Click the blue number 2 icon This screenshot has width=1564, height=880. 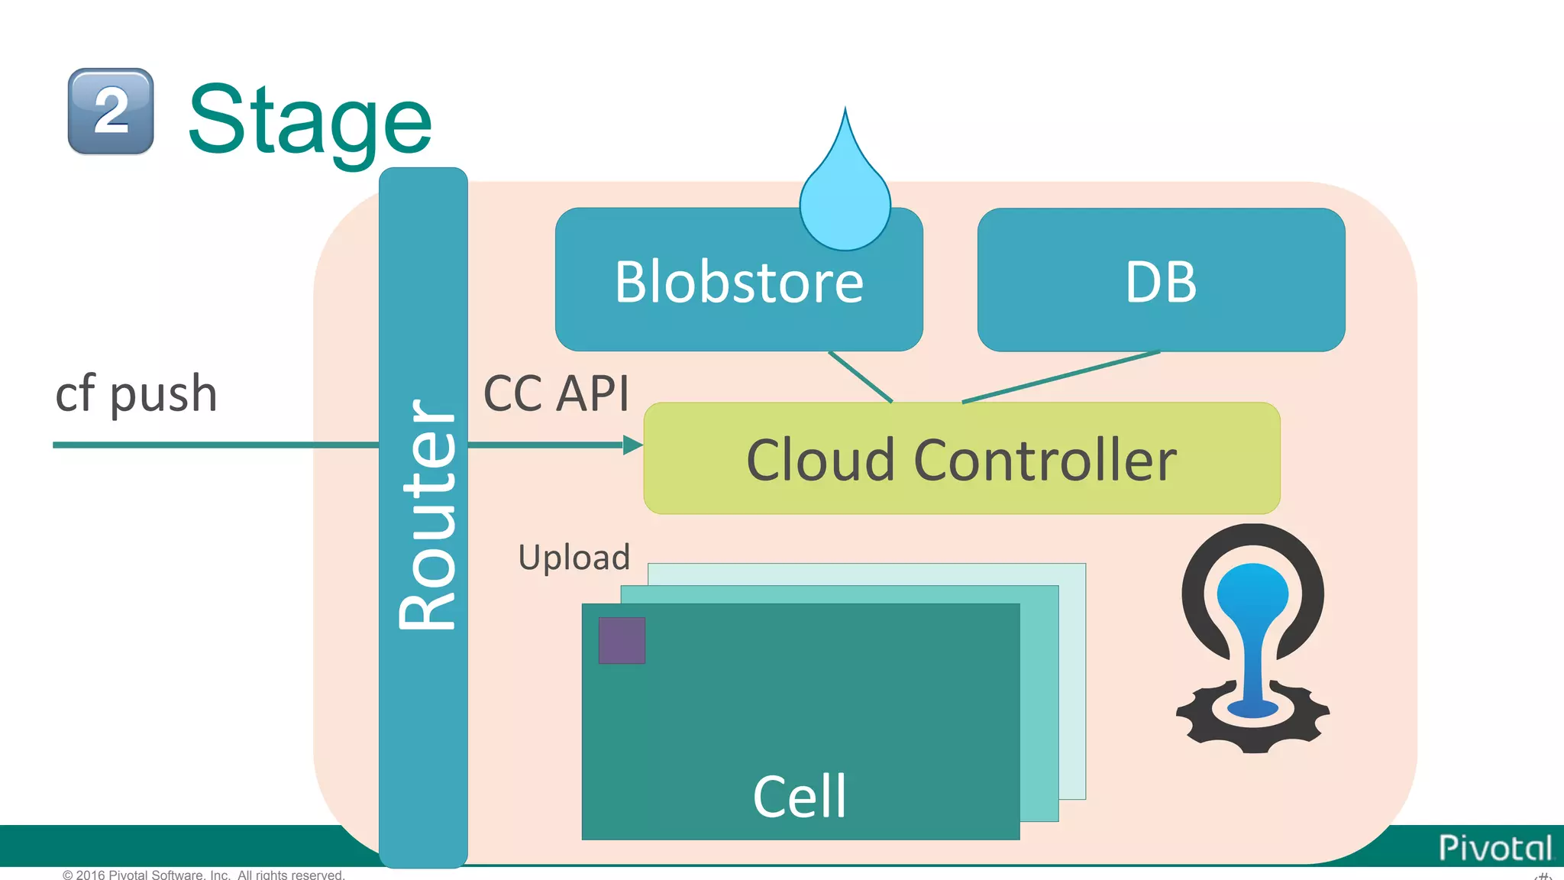click(x=111, y=112)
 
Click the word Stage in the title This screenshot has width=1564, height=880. click(x=310, y=120)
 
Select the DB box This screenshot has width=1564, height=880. click(x=1161, y=281)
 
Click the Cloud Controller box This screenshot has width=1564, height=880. click(x=961, y=460)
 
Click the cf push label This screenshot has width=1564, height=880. click(x=137, y=394)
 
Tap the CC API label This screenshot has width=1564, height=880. click(x=556, y=394)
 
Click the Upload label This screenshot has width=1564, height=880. click(x=574, y=558)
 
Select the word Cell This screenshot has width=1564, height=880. click(x=800, y=796)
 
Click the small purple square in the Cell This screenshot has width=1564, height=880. click(x=622, y=640)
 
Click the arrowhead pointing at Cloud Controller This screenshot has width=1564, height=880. click(x=632, y=445)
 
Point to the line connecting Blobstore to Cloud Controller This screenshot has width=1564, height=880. click(x=861, y=377)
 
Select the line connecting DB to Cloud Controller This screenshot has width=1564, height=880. click(x=1062, y=377)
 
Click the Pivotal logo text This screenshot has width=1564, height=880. click(x=1495, y=848)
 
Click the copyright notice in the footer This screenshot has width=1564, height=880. click(x=204, y=874)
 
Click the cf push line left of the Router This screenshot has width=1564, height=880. click(x=214, y=445)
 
